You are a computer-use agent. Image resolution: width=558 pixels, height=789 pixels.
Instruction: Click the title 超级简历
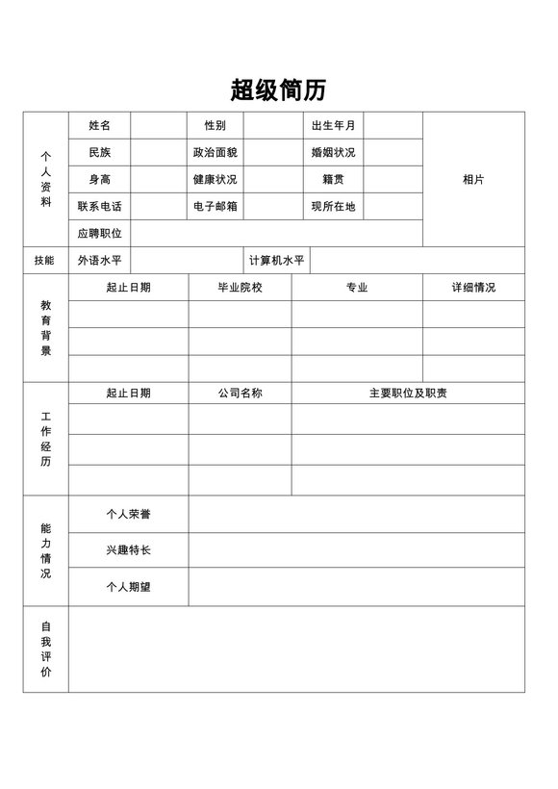click(x=278, y=90)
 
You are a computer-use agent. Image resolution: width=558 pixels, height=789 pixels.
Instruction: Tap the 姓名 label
click(x=100, y=126)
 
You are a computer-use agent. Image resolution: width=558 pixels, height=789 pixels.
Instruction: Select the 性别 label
click(x=215, y=126)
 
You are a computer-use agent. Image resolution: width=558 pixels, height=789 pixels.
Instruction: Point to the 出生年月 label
click(x=333, y=126)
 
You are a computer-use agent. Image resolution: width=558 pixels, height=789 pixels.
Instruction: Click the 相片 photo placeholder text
click(x=473, y=180)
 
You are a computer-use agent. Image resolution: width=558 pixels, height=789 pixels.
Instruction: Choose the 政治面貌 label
click(x=215, y=153)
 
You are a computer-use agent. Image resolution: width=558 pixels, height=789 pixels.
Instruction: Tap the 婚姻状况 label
click(x=333, y=153)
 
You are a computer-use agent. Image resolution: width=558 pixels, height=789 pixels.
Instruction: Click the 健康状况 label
click(x=215, y=180)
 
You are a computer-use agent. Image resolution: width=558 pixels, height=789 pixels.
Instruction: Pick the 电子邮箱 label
click(x=215, y=207)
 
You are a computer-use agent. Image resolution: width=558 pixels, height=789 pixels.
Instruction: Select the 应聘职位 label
click(x=100, y=234)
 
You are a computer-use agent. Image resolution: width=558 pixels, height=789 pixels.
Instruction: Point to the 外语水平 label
click(x=100, y=261)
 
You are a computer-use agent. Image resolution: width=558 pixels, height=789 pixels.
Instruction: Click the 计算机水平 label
click(x=277, y=261)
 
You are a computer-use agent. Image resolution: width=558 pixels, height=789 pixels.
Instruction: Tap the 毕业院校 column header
click(x=240, y=288)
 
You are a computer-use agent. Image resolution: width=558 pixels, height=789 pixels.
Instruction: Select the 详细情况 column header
click(x=473, y=288)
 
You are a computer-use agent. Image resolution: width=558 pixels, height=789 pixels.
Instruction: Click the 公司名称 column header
click(x=240, y=394)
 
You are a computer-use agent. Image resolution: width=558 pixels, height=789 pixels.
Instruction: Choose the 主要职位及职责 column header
click(x=408, y=394)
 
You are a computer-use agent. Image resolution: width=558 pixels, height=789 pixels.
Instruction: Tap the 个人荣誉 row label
click(x=128, y=515)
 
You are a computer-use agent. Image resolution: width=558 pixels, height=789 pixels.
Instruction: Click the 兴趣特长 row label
click(x=128, y=550)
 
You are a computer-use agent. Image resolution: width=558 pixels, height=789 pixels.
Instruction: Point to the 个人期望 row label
click(x=128, y=587)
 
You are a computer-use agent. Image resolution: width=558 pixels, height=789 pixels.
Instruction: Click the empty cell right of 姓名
click(x=159, y=126)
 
